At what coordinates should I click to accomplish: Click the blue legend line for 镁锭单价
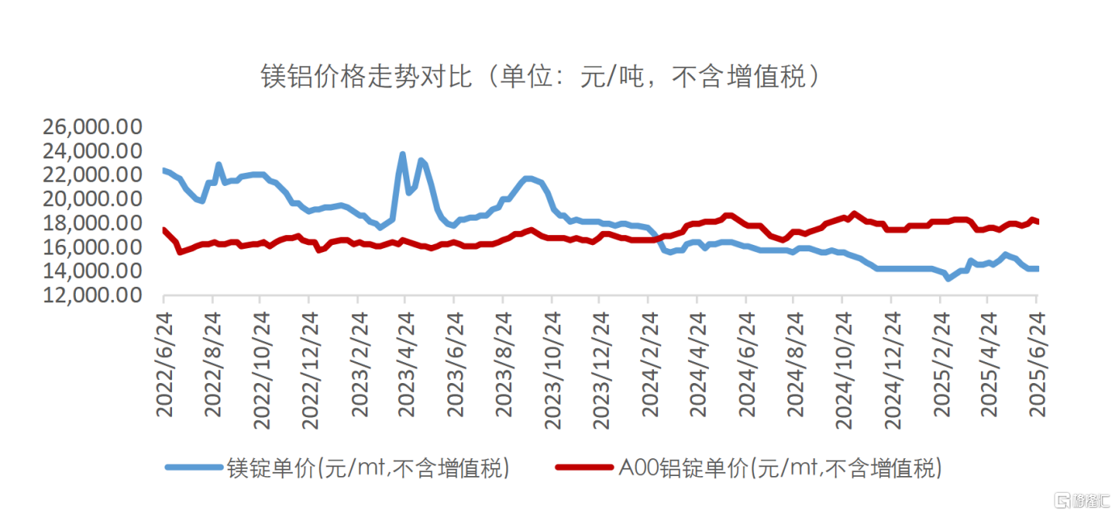click(x=193, y=467)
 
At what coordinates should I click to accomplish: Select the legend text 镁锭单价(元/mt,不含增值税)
click(x=368, y=467)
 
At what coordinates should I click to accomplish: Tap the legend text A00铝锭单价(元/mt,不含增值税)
click(x=780, y=467)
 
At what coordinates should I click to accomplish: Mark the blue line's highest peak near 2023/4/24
click(x=402, y=154)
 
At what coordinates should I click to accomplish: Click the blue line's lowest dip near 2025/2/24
click(x=949, y=278)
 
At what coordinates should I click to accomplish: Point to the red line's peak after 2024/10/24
click(x=853, y=213)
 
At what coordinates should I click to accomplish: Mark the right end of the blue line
click(x=1037, y=268)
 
